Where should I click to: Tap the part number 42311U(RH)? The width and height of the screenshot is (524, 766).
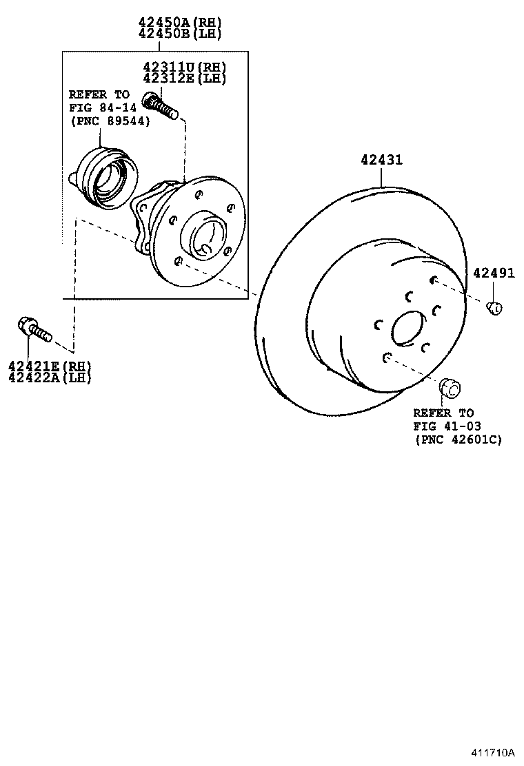[x=184, y=68]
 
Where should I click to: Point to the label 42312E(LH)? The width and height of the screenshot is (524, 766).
[x=184, y=78]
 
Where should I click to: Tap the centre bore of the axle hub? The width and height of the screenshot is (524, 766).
[x=204, y=238]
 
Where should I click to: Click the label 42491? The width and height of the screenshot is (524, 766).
[x=494, y=273]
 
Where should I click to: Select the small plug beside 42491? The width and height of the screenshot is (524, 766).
[x=494, y=308]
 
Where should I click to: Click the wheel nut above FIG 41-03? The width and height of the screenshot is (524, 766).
[x=450, y=388]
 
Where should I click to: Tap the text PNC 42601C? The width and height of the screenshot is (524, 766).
[x=458, y=439]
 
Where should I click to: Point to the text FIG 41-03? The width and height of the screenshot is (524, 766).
[x=446, y=426]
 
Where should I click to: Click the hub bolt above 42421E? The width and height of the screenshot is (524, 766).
[x=34, y=329]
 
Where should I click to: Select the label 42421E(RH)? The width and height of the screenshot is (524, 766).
[x=50, y=366]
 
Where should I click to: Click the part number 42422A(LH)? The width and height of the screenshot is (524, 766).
[x=50, y=377]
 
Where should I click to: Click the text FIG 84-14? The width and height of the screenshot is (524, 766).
[x=99, y=107]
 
